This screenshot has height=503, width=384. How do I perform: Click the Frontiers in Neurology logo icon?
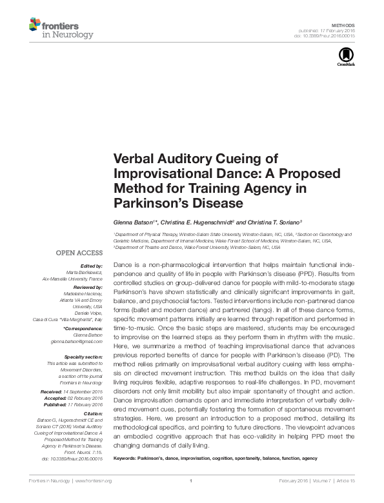(x=35, y=25)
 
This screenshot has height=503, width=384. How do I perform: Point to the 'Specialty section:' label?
(x=84, y=357)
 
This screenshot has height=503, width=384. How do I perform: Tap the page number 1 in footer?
(x=192, y=481)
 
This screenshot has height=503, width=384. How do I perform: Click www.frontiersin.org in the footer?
(x=94, y=481)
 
